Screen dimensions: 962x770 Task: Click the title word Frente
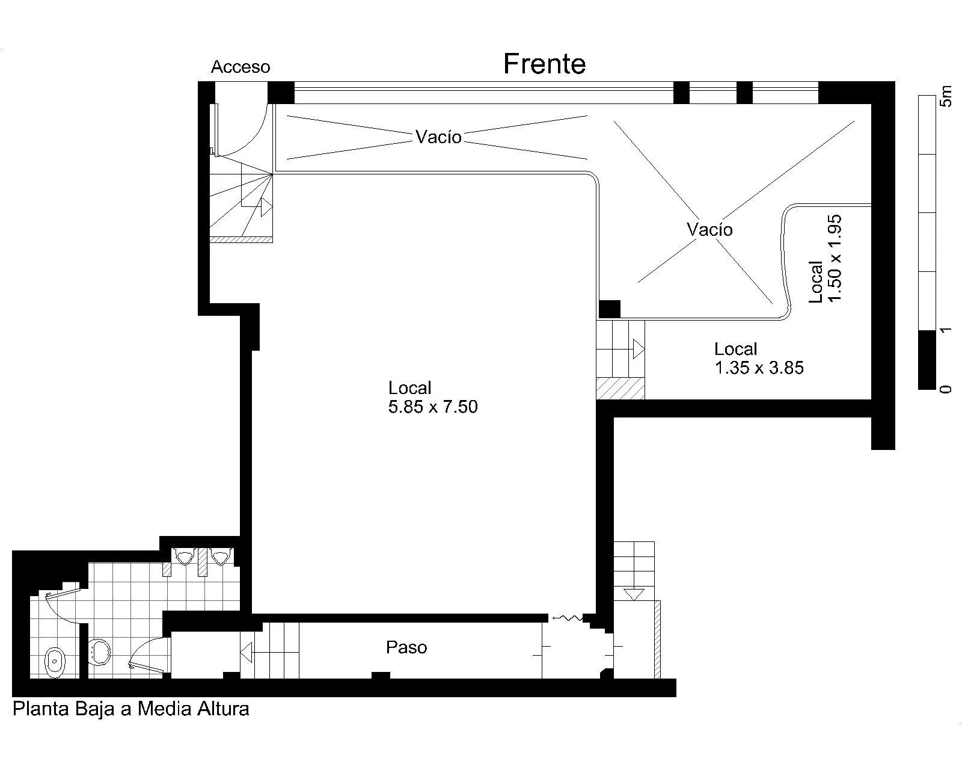[x=544, y=64]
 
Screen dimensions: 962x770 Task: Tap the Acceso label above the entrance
[x=240, y=67]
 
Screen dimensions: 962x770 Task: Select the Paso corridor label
[x=406, y=647]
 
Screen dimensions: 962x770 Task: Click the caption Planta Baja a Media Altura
[x=130, y=709]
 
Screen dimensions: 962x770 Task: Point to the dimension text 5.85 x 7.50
[x=433, y=407]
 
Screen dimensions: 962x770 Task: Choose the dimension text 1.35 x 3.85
[x=759, y=368]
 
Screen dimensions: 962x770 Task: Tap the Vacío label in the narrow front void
[x=438, y=137]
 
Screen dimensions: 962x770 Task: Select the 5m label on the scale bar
[x=946, y=97]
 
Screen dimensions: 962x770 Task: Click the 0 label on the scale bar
[x=946, y=389]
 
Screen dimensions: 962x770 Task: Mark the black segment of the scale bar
[x=927, y=360]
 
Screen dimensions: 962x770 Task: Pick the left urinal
[x=184, y=557]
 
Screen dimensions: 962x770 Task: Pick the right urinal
[x=220, y=557]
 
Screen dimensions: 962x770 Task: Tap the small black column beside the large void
[x=609, y=309]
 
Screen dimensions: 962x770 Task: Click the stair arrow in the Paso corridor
[x=247, y=653]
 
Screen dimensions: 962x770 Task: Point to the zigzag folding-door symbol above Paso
[x=567, y=618]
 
